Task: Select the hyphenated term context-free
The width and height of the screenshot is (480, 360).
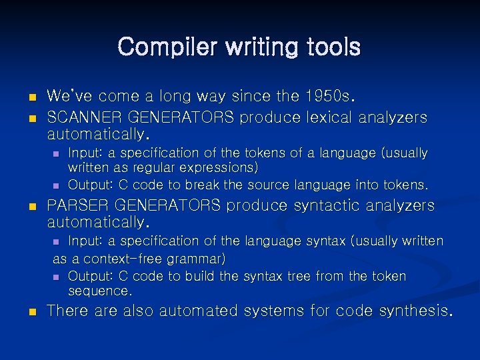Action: point(124,259)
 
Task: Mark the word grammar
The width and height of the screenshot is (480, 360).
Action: point(197,259)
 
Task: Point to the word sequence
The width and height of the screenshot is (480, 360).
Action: point(99,291)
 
